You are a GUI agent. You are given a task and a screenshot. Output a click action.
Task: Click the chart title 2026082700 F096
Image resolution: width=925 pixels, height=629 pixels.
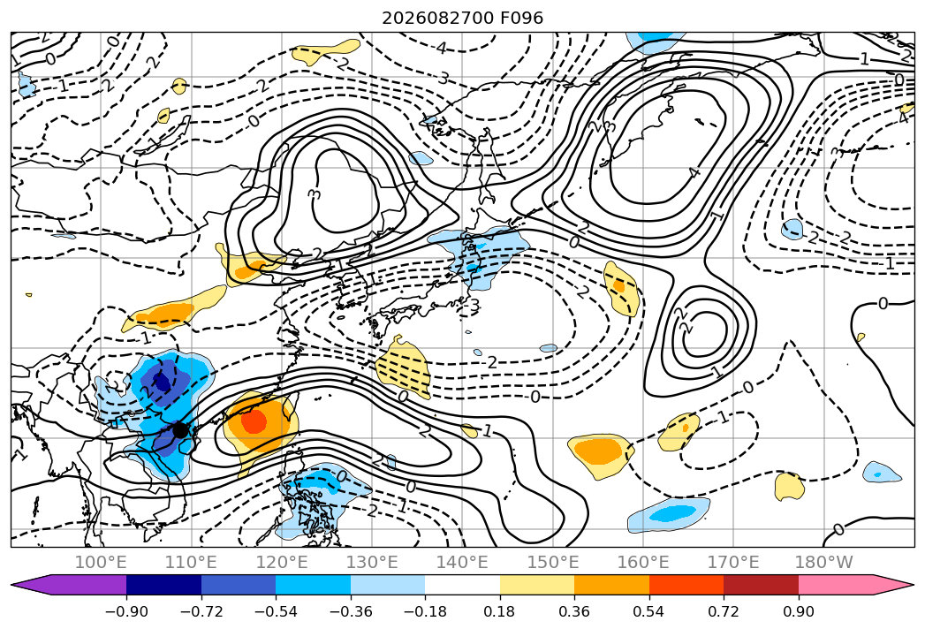coord(463,19)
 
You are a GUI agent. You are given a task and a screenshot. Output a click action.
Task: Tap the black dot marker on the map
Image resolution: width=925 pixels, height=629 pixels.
coord(180,430)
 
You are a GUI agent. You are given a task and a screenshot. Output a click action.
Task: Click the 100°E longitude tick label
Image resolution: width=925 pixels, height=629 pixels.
coord(101,562)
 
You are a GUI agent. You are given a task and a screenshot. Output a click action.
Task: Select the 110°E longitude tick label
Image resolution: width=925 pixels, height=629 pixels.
coord(191,562)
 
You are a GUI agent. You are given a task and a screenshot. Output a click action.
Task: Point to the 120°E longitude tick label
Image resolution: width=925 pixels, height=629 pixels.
coord(282,562)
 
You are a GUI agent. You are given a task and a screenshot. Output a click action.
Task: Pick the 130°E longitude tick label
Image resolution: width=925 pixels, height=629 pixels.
coord(372,562)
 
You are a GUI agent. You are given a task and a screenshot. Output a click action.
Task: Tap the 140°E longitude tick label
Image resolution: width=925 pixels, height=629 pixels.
coord(462,562)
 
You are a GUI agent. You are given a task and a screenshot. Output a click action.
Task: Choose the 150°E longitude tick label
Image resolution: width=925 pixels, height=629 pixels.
coord(553,562)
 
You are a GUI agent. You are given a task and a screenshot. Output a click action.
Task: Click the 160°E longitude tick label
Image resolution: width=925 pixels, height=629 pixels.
coord(643,562)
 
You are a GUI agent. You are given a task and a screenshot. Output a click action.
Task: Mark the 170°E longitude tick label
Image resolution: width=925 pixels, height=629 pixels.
coord(733,562)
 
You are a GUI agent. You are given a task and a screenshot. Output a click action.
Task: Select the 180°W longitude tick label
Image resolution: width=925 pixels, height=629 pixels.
coord(824,562)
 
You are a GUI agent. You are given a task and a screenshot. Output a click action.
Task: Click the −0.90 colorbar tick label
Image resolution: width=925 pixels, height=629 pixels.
coord(126,611)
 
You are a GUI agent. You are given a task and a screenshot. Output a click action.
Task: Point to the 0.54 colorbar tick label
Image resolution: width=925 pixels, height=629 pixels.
coord(649,611)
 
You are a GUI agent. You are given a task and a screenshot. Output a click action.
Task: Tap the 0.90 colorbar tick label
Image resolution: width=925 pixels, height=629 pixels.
coord(798,611)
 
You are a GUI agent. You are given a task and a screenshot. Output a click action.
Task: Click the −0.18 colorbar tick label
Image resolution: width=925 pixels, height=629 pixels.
coord(425,611)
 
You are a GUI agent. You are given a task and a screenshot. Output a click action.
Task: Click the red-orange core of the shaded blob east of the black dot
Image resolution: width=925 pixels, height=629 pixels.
coord(254,421)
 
